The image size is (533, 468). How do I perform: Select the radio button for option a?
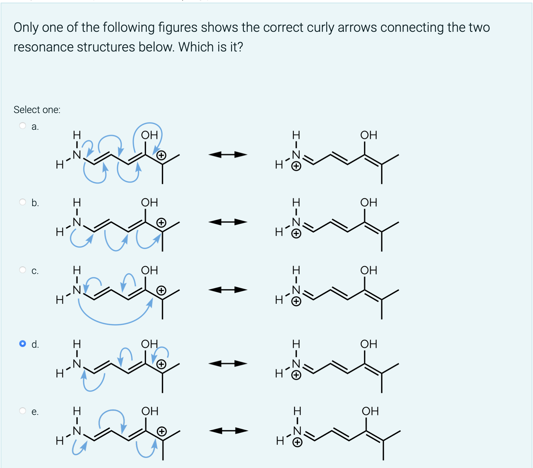(23, 126)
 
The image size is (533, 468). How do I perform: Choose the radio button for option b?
(23, 202)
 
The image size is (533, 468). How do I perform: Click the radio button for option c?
(23, 270)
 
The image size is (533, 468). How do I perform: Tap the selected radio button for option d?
(23, 343)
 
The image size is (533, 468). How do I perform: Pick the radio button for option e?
(23, 411)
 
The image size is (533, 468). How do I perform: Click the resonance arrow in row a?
(228, 154)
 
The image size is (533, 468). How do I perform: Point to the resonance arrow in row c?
(228, 290)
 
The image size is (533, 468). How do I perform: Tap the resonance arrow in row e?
(228, 431)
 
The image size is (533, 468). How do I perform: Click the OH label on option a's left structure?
(149, 135)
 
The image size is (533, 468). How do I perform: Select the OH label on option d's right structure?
(369, 344)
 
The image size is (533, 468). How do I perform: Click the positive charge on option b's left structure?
(161, 223)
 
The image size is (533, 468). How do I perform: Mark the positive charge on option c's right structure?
(296, 301)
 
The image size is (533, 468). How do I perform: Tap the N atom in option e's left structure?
(77, 431)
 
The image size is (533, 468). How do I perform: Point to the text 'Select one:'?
(37, 110)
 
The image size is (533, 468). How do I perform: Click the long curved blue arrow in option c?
(115, 324)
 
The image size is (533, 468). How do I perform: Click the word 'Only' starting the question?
(26, 28)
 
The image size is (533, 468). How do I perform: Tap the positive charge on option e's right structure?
(297, 443)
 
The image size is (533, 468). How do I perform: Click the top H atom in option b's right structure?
(296, 202)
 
